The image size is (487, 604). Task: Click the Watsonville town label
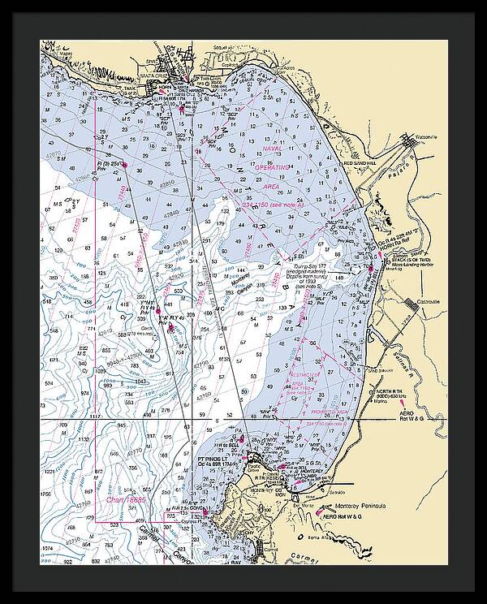pos(423,136)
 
